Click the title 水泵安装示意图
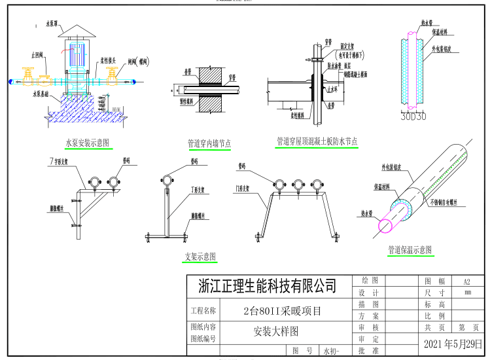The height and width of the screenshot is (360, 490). [x=87, y=142]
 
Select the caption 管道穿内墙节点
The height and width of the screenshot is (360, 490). [x=209, y=143]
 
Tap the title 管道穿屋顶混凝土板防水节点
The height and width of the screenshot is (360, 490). [x=317, y=141]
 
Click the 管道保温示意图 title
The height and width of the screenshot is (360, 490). [x=410, y=250]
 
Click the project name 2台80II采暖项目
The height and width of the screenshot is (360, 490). [x=282, y=311]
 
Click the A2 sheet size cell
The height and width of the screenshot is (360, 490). [x=466, y=281]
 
